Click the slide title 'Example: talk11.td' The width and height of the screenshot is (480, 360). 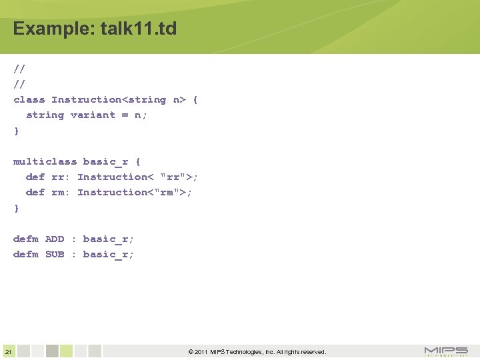pos(95,29)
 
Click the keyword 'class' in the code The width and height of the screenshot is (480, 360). pos(29,100)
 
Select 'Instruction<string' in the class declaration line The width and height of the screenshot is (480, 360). pos(109,100)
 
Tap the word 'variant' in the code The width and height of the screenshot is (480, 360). pos(93,115)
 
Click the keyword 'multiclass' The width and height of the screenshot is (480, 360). pos(45,161)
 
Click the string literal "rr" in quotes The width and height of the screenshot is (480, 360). pos(173,177)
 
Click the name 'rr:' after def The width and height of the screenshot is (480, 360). pos(61,177)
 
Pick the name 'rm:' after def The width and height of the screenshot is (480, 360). pos(61,192)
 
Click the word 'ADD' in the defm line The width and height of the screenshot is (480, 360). pos(55,239)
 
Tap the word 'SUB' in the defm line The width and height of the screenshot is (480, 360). pos(55,254)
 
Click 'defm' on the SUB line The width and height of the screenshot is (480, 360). pos(26,254)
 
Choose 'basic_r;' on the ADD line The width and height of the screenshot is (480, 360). pos(109,239)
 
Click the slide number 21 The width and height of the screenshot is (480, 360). pos(7,352)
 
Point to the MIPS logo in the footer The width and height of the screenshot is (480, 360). pos(446,351)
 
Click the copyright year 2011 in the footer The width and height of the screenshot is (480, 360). pos(201,352)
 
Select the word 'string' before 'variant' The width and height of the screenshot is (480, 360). pos(45,115)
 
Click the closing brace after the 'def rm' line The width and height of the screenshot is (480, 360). pos(17,208)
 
